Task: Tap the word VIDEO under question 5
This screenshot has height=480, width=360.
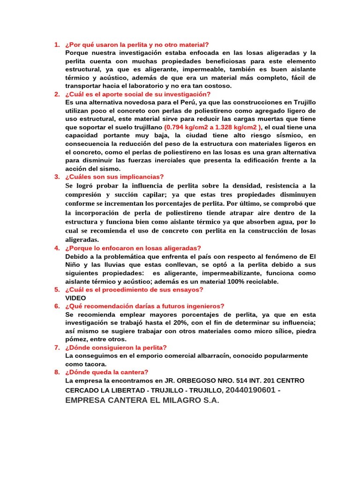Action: [75, 298]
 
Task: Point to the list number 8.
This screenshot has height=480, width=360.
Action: [56, 372]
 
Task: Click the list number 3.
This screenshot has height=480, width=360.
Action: [56, 177]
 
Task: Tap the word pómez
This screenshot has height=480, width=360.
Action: [77, 339]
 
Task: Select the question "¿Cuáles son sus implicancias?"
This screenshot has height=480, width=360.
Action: [114, 177]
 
